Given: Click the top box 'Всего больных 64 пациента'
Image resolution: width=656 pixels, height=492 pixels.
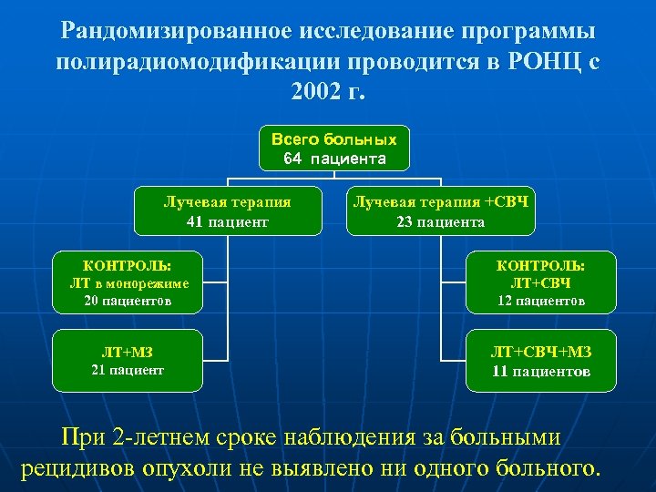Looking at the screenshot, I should point(334,149).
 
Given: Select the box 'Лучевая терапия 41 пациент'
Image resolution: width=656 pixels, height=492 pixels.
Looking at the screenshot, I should point(227,211).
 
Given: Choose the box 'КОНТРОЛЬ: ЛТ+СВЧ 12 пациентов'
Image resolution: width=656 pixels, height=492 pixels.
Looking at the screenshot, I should point(540,282).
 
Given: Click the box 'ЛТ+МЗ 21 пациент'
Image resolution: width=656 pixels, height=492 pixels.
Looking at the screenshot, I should point(128,360).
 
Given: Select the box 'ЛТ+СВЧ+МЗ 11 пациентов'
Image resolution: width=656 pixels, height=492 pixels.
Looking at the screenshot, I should point(540,361).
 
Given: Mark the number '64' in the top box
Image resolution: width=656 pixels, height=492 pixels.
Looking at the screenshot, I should point(292,159).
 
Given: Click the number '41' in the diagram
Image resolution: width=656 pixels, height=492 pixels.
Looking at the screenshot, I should point(195,221).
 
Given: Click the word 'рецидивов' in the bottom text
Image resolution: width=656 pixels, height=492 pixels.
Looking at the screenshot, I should point(76,468).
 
